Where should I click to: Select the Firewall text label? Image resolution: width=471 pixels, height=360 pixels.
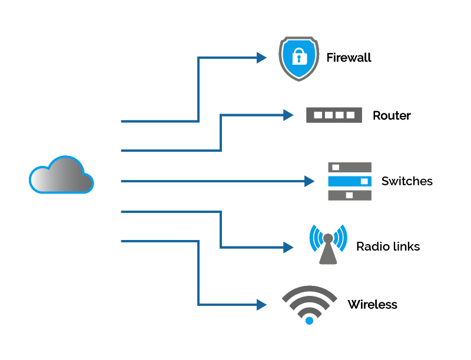349,58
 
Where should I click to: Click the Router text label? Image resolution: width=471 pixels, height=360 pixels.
392,115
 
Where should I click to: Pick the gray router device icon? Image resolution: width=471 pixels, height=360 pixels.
334,115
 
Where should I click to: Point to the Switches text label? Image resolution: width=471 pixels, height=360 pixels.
407,181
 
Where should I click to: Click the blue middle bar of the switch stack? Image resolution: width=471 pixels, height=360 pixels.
350,181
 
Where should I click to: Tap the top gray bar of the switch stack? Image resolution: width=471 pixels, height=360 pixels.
350,168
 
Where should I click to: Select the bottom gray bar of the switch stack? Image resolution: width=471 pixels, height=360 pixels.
350,195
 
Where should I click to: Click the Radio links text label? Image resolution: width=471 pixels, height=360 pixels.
388,246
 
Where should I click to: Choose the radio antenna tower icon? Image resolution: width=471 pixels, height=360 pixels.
328,245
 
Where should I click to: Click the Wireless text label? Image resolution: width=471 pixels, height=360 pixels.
372,305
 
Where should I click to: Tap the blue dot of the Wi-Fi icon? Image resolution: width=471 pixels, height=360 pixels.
309,321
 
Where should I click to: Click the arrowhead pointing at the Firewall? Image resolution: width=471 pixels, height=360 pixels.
262,58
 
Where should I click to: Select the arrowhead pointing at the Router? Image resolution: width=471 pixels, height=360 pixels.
288,115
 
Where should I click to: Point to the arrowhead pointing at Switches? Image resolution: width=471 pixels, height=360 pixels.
310,181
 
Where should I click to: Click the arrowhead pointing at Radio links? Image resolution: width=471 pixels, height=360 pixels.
288,247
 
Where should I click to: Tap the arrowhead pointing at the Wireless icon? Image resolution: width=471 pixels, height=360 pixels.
262,305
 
